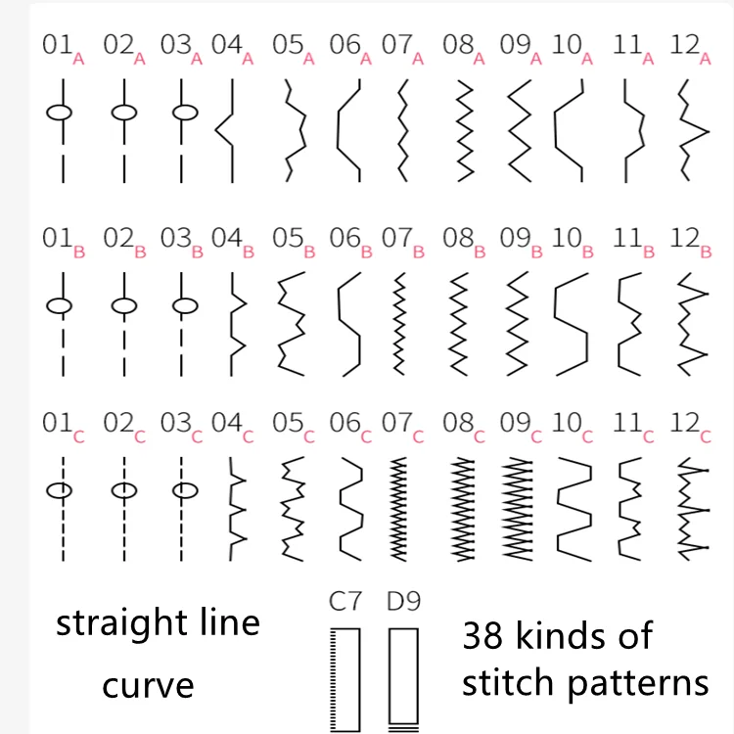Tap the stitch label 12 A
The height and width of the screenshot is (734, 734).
[692, 49]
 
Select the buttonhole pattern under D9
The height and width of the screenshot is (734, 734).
[401, 680]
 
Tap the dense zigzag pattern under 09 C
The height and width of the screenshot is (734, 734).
[520, 510]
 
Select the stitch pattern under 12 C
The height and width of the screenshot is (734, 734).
[693, 510]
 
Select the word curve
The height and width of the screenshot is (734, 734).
[148, 684]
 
